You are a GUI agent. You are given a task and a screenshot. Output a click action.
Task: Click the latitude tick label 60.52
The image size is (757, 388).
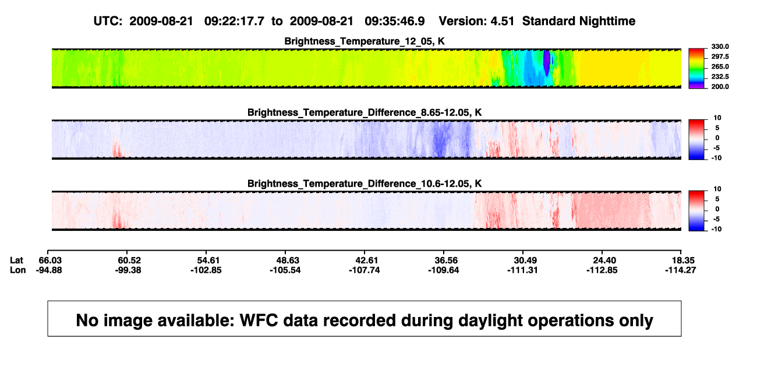pyautogui.click(x=129, y=261)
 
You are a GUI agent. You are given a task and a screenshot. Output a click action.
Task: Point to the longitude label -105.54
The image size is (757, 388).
pyautogui.click(x=285, y=270)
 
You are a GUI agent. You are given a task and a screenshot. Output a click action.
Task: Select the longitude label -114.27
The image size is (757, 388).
pyautogui.click(x=681, y=270)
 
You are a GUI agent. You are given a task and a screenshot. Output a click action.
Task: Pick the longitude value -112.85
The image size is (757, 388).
pyautogui.click(x=602, y=270)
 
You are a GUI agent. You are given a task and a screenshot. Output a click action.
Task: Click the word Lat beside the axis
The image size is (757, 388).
pyautogui.click(x=16, y=261)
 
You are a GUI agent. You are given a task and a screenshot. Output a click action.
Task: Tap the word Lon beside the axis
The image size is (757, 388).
pyautogui.click(x=18, y=270)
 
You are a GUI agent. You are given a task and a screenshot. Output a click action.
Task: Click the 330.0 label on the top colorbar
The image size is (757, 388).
pyautogui.click(x=720, y=47)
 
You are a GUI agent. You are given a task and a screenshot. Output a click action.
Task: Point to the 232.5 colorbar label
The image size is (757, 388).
pyautogui.click(x=720, y=77)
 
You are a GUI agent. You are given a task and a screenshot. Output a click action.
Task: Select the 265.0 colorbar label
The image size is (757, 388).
pyautogui.click(x=720, y=66)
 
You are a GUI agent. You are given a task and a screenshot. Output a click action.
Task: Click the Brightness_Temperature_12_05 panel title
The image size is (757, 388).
pyautogui.click(x=365, y=41)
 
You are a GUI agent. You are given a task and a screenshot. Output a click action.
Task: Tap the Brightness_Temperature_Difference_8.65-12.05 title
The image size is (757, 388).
pyautogui.click(x=365, y=112)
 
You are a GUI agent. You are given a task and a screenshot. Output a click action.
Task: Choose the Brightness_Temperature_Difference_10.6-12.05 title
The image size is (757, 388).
pyautogui.click(x=365, y=184)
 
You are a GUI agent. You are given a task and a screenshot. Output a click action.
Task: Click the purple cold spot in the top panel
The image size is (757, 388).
pyautogui.click(x=546, y=62)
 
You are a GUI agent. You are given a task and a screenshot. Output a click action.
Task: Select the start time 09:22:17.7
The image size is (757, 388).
pyautogui.click(x=234, y=21)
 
